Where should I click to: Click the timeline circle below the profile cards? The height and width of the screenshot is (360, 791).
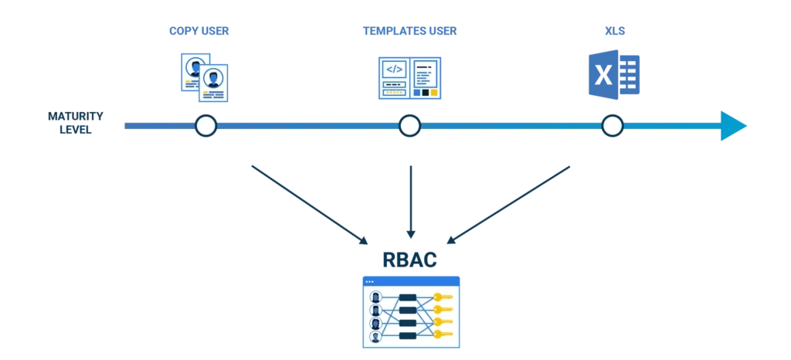click(205, 125)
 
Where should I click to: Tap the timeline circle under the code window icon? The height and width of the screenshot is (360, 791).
click(409, 125)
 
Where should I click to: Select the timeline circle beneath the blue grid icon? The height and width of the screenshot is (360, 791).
click(612, 125)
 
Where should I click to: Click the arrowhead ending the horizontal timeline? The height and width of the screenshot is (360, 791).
click(732, 124)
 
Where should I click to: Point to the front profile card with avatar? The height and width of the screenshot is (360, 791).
click(213, 83)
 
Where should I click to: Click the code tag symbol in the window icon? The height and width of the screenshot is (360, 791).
click(394, 69)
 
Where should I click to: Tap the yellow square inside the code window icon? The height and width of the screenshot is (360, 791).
click(434, 93)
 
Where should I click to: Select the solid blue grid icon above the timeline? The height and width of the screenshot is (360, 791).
click(614, 74)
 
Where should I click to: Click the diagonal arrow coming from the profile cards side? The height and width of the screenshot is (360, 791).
click(308, 204)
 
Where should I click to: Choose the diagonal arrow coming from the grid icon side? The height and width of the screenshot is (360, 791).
click(511, 204)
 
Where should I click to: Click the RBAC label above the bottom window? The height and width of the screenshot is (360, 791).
click(410, 259)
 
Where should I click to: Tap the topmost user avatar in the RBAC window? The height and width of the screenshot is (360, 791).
click(375, 297)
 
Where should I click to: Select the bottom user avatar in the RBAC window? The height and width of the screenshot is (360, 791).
click(375, 336)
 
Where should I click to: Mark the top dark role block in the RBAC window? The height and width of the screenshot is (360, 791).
click(408, 297)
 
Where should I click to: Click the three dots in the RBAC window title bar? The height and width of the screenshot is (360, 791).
click(369, 281)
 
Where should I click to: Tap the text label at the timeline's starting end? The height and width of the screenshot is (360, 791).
click(74, 124)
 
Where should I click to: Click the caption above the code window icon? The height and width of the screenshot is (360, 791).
click(409, 31)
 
